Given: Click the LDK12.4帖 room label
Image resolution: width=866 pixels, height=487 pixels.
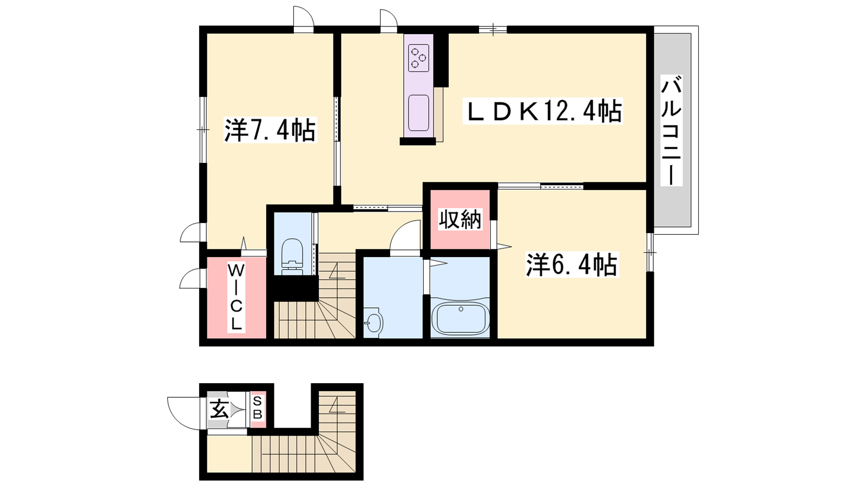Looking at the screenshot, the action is point(542,111).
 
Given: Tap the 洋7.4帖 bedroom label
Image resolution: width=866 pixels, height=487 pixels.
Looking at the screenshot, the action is point(270,130).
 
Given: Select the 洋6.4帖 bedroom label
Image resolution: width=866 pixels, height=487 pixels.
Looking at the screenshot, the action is point(572,265).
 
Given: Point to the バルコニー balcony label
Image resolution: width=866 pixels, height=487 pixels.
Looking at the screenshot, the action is point(671,130).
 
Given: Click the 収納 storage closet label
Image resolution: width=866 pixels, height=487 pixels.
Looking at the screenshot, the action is point(460,220).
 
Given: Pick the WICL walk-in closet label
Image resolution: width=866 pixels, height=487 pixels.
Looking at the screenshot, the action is point(236,297).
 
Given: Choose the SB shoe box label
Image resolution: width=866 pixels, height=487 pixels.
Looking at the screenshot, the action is point(258,408).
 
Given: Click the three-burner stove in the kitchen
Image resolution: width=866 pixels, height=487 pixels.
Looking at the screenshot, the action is point(419,58).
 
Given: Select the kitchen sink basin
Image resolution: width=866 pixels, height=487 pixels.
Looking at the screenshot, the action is point(419,113).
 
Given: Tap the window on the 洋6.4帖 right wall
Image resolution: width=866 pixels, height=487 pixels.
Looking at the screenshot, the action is point(650,252).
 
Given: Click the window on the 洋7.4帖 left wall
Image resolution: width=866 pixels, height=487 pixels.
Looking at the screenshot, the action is point(202,129).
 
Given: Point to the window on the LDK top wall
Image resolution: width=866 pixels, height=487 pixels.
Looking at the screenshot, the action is point(493,29).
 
